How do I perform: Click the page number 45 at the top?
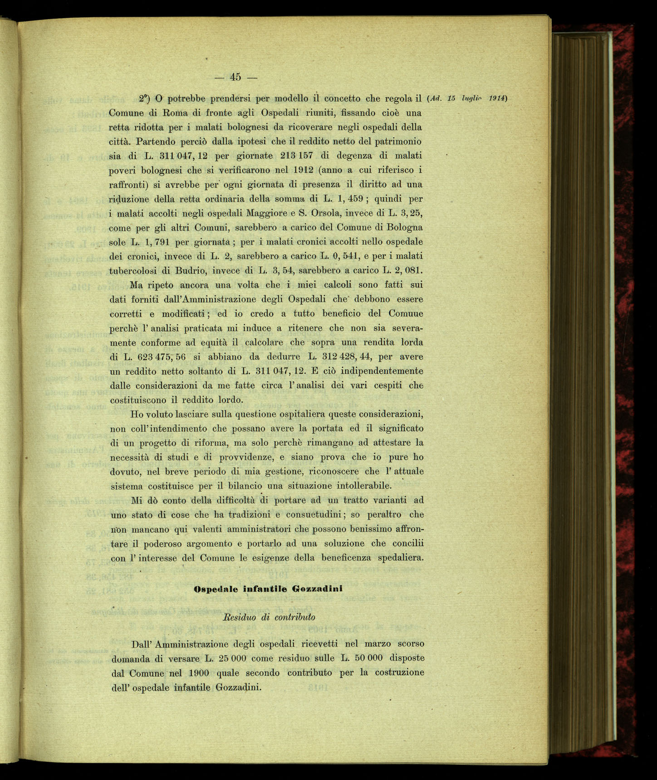[x=235, y=77]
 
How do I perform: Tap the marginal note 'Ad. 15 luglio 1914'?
[x=467, y=98]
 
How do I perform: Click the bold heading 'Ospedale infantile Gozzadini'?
[x=268, y=589]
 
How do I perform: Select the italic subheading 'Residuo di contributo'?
[x=270, y=617]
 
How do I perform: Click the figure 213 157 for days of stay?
[x=297, y=156]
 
